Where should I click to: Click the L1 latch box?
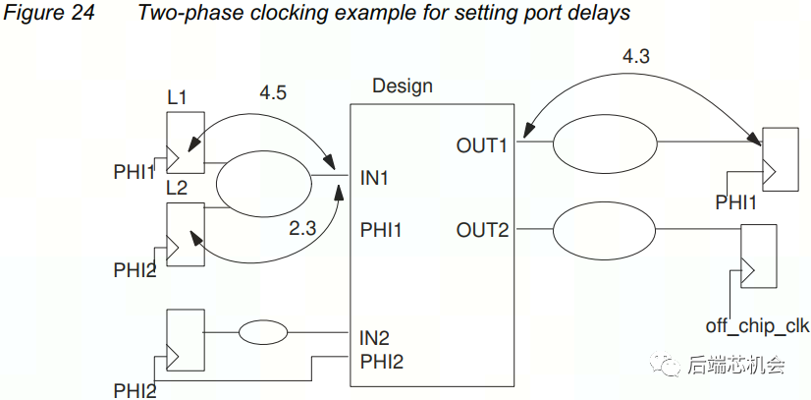coord(187,140)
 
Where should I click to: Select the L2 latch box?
coord(187,234)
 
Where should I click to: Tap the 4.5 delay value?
coord(273,93)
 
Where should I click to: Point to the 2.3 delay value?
coord(302,228)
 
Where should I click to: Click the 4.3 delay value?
coord(635,57)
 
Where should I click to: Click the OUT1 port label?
coord(483,145)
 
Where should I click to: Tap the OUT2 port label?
coord(483,230)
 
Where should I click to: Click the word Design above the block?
coord(403,86)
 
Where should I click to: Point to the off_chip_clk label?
coord(758,325)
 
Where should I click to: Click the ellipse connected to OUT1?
coord(603,145)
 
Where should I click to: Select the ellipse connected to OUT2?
coord(603,231)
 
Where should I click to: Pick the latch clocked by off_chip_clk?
coord(757,255)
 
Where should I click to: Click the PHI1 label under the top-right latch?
coord(738,203)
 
